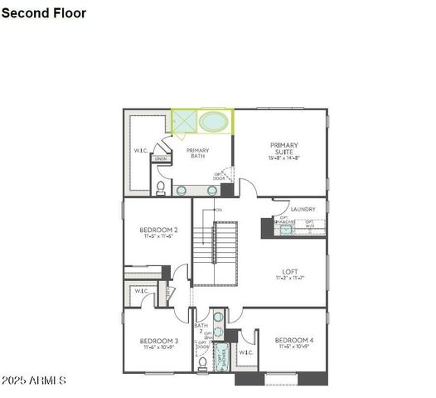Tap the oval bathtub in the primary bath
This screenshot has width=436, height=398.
(x=213, y=122)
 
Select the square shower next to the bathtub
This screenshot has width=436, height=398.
(x=184, y=121)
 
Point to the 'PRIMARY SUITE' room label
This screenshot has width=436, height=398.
(x=283, y=148)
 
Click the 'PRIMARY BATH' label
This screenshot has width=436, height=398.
(x=197, y=153)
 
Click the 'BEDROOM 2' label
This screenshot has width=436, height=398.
(x=158, y=230)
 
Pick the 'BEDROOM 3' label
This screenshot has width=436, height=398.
(x=158, y=341)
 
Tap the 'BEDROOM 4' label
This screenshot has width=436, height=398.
(x=293, y=340)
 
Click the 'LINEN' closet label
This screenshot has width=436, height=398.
(x=161, y=158)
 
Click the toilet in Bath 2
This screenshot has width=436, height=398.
(x=202, y=362)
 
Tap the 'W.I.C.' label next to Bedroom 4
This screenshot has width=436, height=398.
(x=245, y=352)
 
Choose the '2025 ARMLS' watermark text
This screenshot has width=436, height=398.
(x=33, y=381)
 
